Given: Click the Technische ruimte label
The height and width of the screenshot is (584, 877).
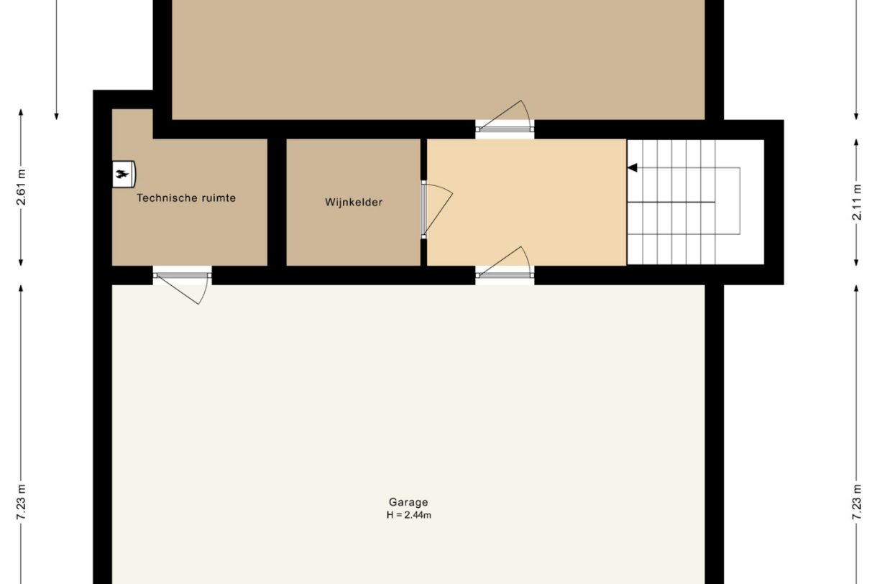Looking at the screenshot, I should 186,198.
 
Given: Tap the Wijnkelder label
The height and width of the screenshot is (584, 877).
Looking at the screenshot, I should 354,203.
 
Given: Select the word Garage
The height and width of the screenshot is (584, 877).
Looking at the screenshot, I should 408,503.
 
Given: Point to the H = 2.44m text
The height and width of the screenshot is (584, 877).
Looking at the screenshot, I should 408,516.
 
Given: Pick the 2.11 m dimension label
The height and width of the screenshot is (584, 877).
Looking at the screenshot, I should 856,202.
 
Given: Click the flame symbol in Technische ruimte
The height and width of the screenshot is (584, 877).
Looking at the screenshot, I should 123,173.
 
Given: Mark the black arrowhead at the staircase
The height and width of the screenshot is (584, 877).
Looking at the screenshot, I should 633,167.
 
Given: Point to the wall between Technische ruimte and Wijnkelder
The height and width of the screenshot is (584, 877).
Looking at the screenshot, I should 277,202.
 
